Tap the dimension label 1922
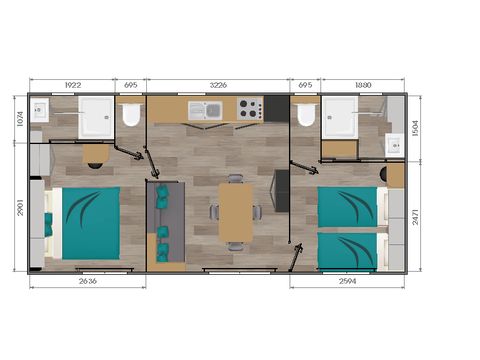point(73,85)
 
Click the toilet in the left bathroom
point(130,116)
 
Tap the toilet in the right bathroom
point(306,116)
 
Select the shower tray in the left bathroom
point(97,118)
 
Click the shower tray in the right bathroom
point(339,118)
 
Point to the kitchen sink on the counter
point(213,109)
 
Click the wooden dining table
point(235,211)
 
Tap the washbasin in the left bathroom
point(40,110)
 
